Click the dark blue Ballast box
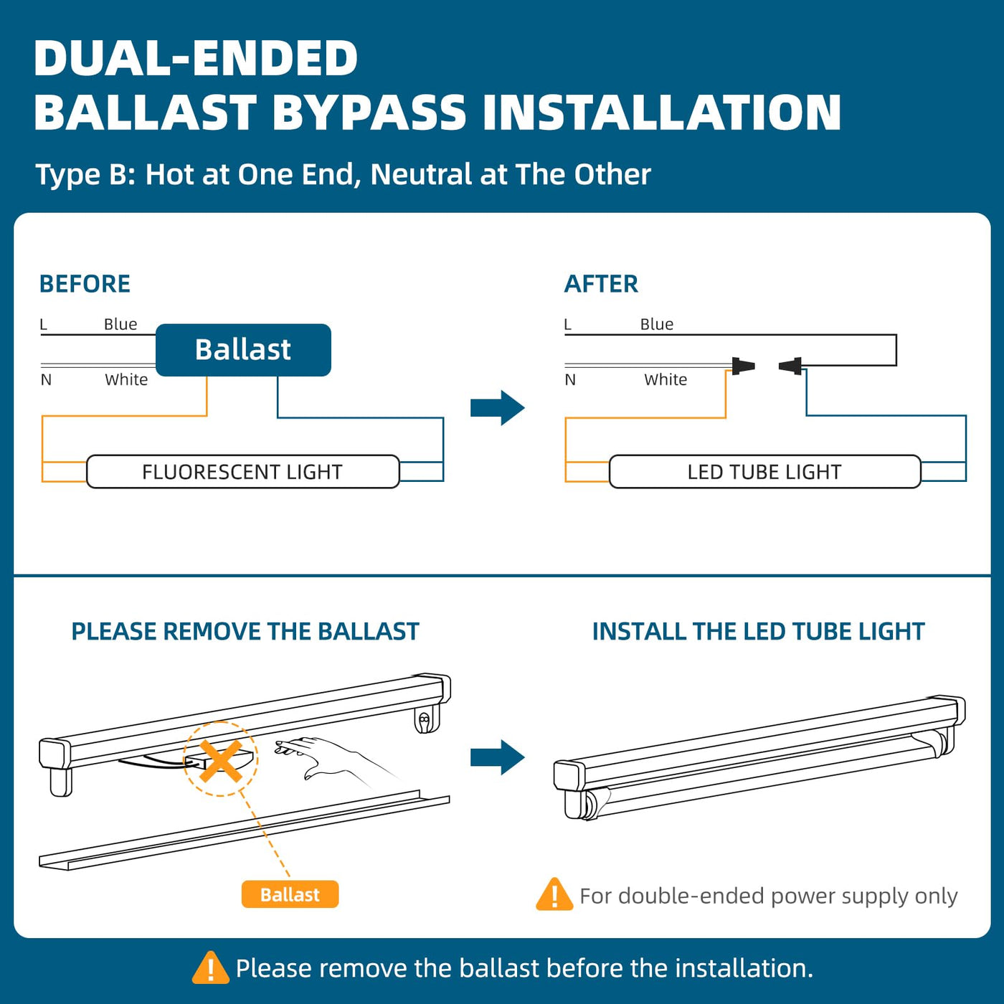[243, 350]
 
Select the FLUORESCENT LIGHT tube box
[242, 472]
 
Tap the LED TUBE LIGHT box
[764, 472]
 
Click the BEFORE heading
[85, 284]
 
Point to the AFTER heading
[601, 284]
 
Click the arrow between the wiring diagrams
[497, 408]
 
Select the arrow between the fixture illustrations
[497, 757]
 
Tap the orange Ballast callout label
[290, 894]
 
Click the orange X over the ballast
[220, 760]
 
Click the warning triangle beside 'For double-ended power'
[554, 895]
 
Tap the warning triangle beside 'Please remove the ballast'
[210, 968]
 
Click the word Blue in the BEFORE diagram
[120, 324]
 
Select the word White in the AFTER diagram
[666, 379]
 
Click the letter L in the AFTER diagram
[568, 325]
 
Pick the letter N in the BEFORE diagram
[46, 379]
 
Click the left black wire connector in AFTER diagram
[743, 366]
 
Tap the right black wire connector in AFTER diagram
[791, 366]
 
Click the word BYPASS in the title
[369, 113]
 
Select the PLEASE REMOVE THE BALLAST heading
[245, 631]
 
